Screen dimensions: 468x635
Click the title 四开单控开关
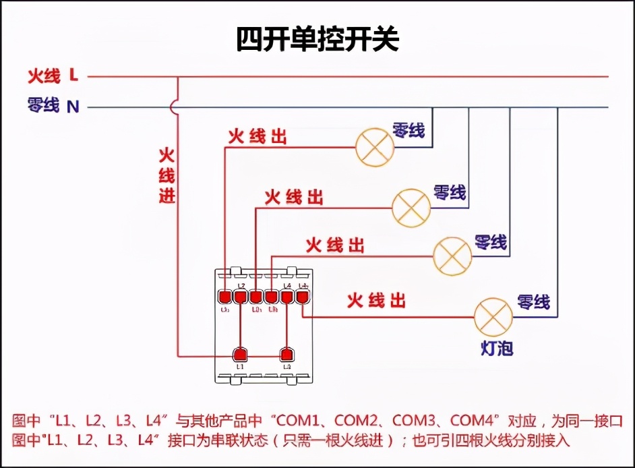point(317,40)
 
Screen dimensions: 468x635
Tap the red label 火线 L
point(53,76)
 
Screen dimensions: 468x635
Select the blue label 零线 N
point(53,106)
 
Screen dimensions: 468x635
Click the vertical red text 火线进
point(167,176)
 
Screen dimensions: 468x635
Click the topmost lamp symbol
point(375,146)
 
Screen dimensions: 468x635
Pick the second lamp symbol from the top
point(411,207)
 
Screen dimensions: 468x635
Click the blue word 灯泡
point(497,349)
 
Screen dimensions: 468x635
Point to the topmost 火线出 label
point(257,137)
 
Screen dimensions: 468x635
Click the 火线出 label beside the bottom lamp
point(376,301)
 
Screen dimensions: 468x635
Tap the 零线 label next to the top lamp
point(409,130)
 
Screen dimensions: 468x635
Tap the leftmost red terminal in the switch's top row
point(224,296)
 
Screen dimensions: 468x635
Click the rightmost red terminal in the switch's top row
point(302,296)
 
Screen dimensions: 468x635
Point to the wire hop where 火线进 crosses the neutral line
point(177,107)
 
